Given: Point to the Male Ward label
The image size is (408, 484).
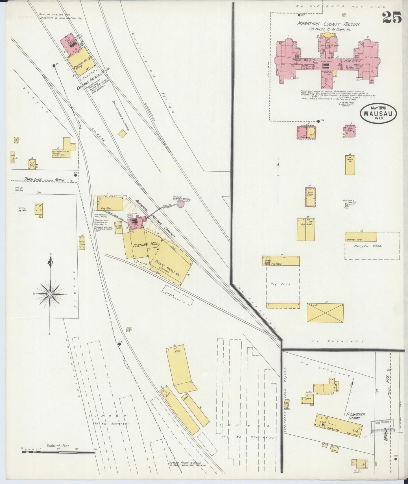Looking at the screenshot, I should tap(352, 60).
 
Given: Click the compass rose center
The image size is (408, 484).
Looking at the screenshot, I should tap(50, 294).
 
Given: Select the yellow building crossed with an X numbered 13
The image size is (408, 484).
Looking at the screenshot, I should tap(325, 313).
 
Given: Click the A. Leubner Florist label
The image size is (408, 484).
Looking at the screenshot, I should tap(356, 416).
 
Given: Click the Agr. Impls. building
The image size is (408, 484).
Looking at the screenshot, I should tap(306, 229).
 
